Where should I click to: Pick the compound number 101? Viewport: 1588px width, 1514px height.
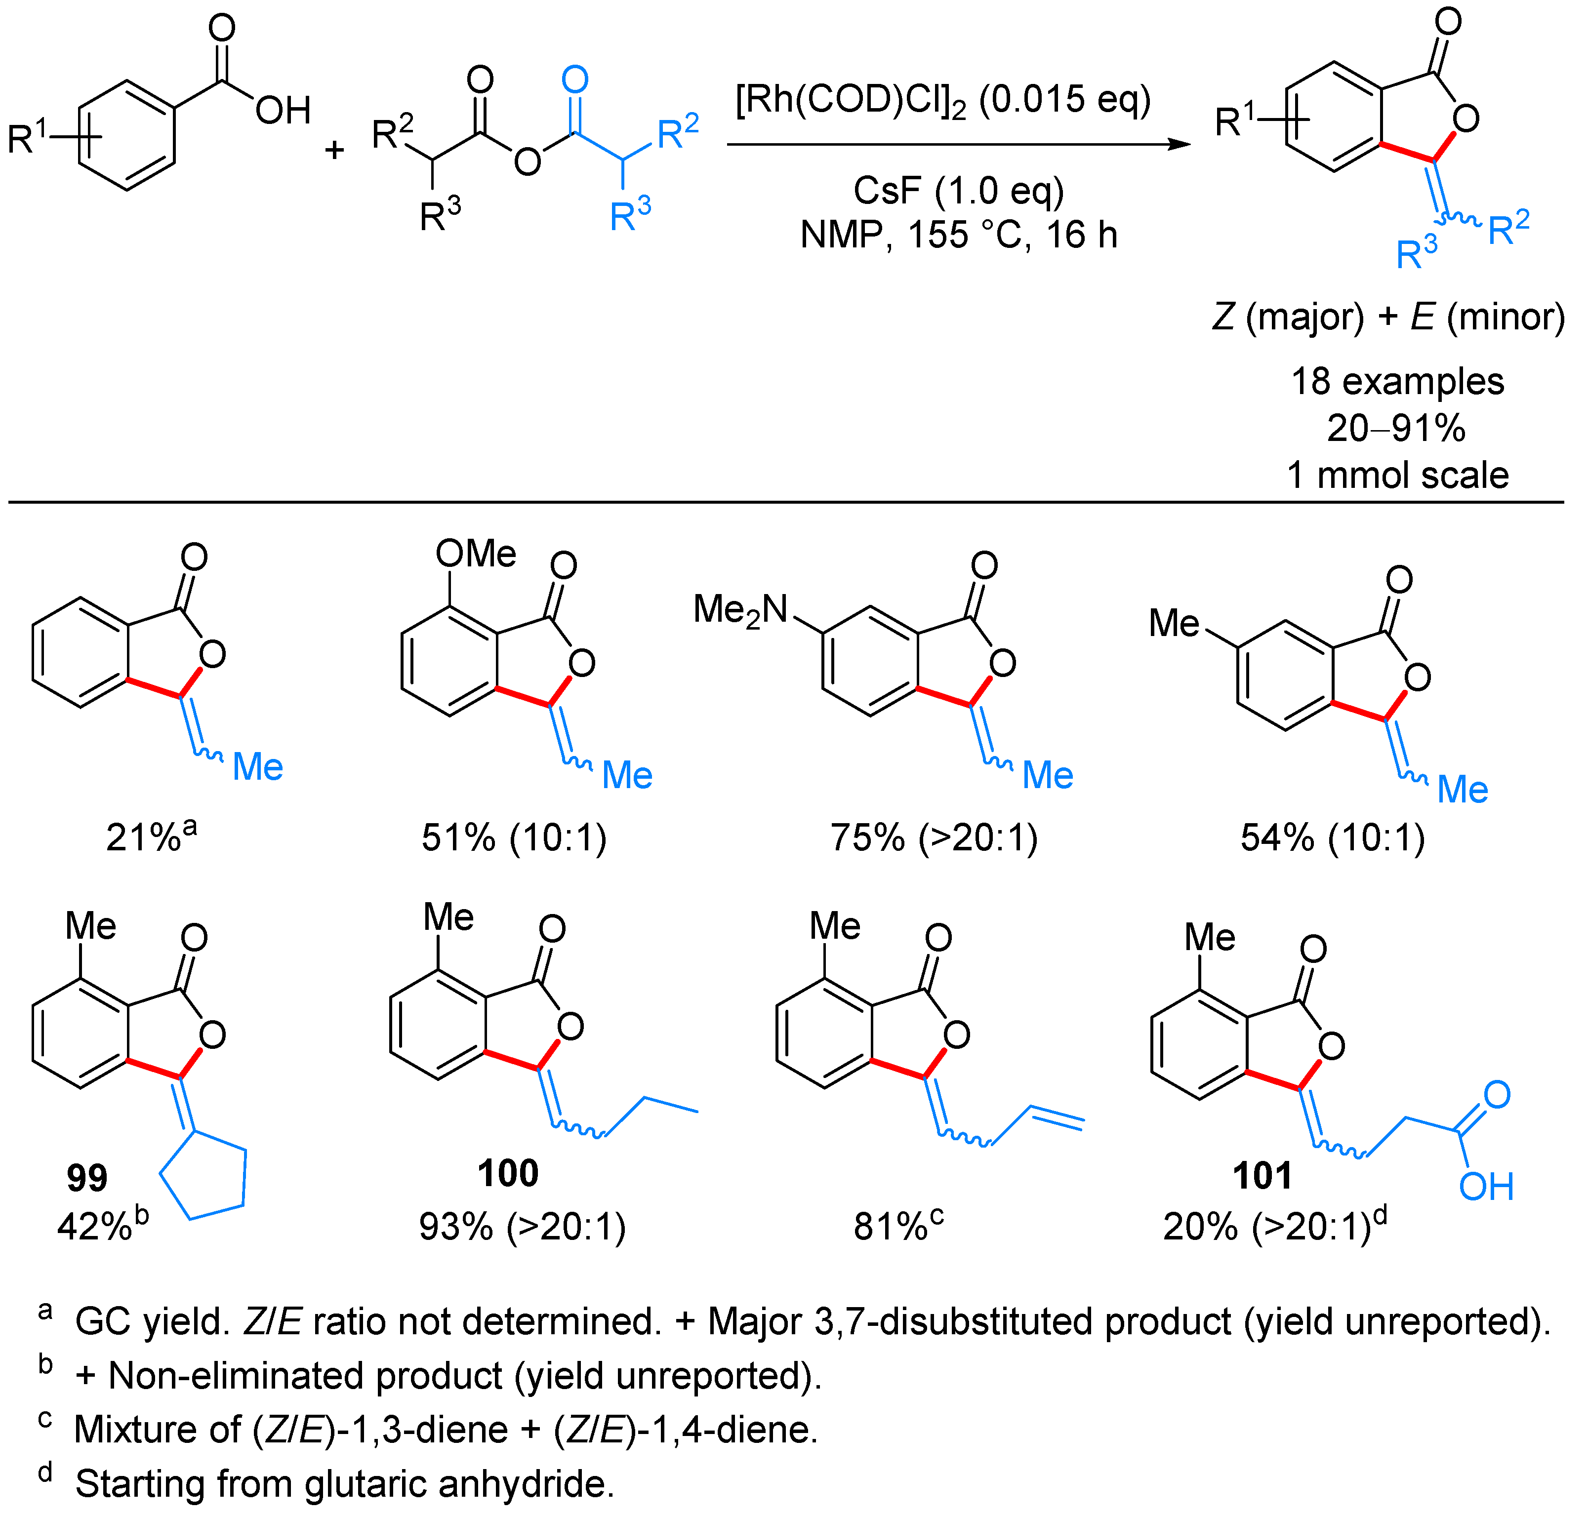1262,1176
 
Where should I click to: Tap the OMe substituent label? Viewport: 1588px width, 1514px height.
476,554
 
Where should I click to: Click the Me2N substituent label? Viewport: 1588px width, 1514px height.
740,610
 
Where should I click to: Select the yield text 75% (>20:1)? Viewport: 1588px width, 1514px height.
934,837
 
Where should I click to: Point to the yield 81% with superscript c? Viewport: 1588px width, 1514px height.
898,1227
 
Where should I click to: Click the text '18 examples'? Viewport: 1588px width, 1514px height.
1397,381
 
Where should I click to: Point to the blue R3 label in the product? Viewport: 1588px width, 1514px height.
1417,253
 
